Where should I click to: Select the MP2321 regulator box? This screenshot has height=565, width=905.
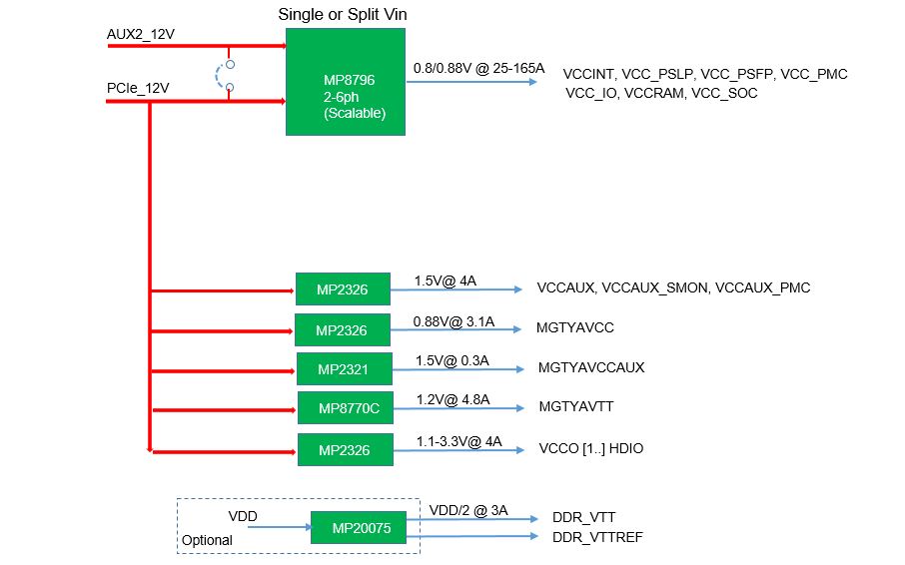pyautogui.click(x=344, y=369)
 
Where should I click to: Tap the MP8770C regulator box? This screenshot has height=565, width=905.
pyautogui.click(x=346, y=408)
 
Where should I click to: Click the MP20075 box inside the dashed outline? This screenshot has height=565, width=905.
pyautogui.click(x=359, y=527)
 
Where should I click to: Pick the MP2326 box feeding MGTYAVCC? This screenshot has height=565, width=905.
pyautogui.click(x=343, y=329)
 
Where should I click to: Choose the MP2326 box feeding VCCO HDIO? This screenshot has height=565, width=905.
pyautogui.click(x=346, y=449)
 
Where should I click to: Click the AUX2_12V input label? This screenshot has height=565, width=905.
pyautogui.click(x=140, y=34)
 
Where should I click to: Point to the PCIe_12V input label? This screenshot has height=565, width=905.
pyautogui.click(x=138, y=88)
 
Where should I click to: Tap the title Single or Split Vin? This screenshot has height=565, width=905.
pyautogui.click(x=343, y=14)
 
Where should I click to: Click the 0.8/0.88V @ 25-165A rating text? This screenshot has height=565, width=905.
pyautogui.click(x=479, y=68)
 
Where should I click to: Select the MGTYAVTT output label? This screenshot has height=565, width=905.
pyautogui.click(x=576, y=406)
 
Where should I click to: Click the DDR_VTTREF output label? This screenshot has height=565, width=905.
pyautogui.click(x=597, y=537)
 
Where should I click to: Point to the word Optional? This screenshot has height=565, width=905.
pyautogui.click(x=207, y=540)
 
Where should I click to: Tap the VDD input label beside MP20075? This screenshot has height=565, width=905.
pyautogui.click(x=243, y=516)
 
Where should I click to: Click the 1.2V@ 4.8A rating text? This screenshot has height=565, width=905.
pyautogui.click(x=453, y=399)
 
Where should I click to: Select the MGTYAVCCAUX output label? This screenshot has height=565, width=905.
pyautogui.click(x=591, y=367)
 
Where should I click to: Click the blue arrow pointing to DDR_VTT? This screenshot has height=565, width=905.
pyautogui.click(x=472, y=519)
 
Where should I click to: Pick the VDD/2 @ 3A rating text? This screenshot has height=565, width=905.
pyautogui.click(x=468, y=510)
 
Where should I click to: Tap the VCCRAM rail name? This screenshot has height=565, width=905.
pyautogui.click(x=654, y=94)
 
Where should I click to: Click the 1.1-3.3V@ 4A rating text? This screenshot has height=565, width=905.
pyautogui.click(x=458, y=441)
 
